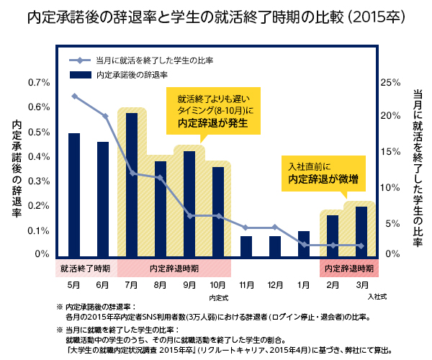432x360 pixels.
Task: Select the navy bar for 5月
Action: tap(73, 195)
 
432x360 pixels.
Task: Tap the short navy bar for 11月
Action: tap(246, 246)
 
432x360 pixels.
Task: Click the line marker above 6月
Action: tap(105, 116)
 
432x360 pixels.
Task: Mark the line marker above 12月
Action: tap(275, 227)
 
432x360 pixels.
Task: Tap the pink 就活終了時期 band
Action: tap(86, 269)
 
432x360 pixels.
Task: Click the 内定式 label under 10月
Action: tap(218, 296)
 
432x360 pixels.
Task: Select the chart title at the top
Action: tap(216, 16)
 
